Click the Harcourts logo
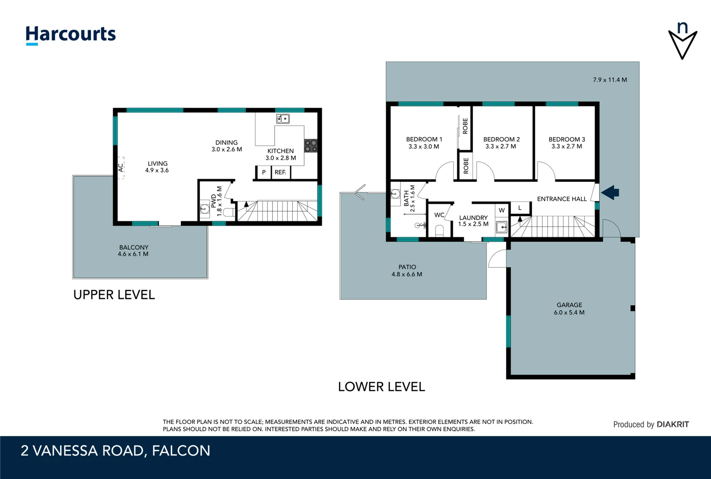(71, 35)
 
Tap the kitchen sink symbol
(283, 119)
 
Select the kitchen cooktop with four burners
(311, 146)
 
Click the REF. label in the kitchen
(280, 173)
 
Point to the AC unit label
(121, 168)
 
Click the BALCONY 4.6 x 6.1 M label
(134, 251)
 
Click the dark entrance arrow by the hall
(610, 192)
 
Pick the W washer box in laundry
(502, 210)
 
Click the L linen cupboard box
(520, 208)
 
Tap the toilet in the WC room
(439, 231)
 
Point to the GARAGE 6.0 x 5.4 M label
(569, 309)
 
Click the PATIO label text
(407, 267)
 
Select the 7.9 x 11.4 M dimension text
(610, 80)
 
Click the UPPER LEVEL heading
(114, 295)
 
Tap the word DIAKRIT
(672, 424)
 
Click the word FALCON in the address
(181, 451)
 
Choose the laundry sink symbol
(502, 227)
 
